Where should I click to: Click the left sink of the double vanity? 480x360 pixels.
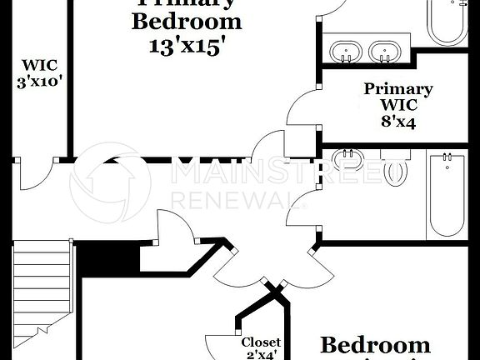pos(344,52)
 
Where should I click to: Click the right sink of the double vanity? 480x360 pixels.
pos(384,52)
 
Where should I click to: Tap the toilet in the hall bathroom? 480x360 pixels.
pos(396,171)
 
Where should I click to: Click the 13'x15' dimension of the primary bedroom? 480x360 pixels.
pos(187,48)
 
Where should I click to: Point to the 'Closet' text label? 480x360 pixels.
pos(261,342)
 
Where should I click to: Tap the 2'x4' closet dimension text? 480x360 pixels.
pos(261,355)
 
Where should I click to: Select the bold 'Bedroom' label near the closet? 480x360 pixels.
pos(375,345)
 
